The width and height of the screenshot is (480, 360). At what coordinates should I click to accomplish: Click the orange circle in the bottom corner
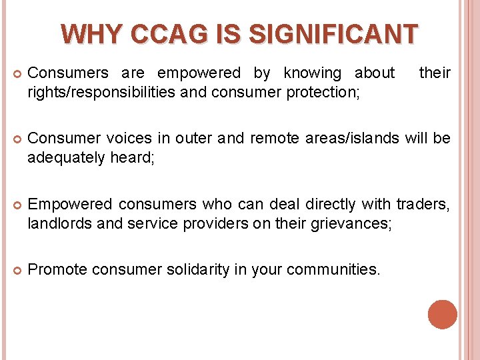pyautogui.click(x=442, y=315)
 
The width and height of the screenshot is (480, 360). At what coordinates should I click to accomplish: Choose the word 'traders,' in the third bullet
pyautogui.click(x=423, y=204)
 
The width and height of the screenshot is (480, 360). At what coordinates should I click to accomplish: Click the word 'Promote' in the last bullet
pyautogui.click(x=57, y=269)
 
